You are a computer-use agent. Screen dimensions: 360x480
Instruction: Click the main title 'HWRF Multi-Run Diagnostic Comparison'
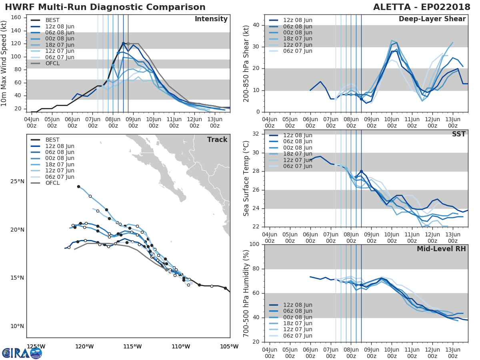click(x=105, y=7)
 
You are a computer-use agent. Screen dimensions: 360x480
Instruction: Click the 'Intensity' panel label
click(x=211, y=19)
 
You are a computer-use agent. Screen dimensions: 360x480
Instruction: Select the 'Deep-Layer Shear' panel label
click(x=432, y=19)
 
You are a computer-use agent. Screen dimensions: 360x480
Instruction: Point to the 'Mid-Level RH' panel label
click(x=441, y=249)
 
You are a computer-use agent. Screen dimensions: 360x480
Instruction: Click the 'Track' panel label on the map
click(x=217, y=140)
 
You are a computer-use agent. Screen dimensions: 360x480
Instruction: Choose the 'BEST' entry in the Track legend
click(x=53, y=140)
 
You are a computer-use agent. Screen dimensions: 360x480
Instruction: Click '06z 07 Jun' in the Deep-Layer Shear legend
click(x=298, y=51)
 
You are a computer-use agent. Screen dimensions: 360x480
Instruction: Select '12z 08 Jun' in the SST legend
click(x=298, y=135)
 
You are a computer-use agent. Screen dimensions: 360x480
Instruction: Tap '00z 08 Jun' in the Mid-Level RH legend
click(x=298, y=317)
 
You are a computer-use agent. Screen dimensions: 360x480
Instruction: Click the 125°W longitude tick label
click(x=36, y=346)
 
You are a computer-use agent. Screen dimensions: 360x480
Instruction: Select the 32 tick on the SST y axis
click(x=256, y=134)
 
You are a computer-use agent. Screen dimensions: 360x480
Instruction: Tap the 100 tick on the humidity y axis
click(x=254, y=244)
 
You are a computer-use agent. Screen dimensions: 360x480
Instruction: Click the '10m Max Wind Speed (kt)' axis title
click(x=4, y=63)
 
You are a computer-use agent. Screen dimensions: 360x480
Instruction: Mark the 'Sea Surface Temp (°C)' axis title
click(x=246, y=178)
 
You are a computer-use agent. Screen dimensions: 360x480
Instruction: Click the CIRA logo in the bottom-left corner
click(x=22, y=353)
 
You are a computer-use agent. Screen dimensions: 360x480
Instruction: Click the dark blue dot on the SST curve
click(x=361, y=171)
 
